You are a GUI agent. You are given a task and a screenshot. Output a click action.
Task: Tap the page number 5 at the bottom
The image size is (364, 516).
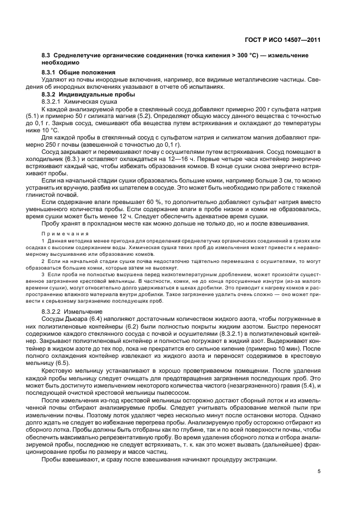(x=319, y=471)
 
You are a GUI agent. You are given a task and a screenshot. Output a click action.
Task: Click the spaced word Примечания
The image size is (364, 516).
(x=63, y=234)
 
